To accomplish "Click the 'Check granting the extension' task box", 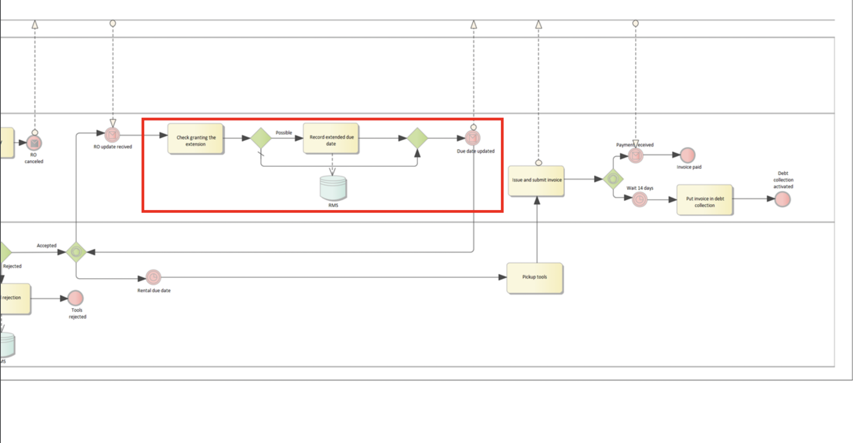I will (x=196, y=139).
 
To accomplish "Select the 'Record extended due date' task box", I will (x=331, y=139).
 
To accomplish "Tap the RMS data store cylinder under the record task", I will (x=333, y=188).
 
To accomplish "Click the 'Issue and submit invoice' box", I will (x=536, y=181).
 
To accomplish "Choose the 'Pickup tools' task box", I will (x=535, y=278).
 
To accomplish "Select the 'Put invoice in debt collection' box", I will (x=704, y=200).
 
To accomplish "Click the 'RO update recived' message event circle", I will (x=112, y=135).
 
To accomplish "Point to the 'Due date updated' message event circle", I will (x=473, y=138).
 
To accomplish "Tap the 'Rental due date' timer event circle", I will (x=153, y=277).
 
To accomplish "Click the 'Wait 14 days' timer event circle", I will (x=639, y=200).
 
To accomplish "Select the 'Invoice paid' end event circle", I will (x=687, y=155).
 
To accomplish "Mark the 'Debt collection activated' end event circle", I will (x=783, y=200).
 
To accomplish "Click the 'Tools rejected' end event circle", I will (x=75, y=298).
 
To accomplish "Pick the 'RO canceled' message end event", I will (x=34, y=143).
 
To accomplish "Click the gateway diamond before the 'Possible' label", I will (x=261, y=138).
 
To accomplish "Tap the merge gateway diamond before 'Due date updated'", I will (x=417, y=138).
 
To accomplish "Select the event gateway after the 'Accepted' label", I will (x=76, y=252).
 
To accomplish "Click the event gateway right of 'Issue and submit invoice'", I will (x=613, y=179).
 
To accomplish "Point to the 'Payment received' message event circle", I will (x=636, y=156).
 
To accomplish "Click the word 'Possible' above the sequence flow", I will (x=284, y=133).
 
